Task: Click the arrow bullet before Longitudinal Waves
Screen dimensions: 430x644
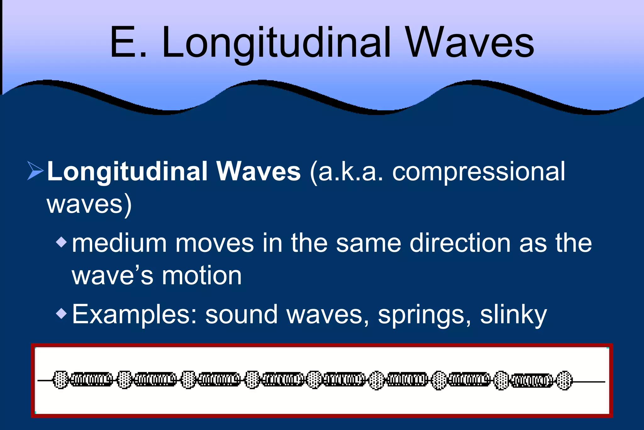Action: click(x=35, y=171)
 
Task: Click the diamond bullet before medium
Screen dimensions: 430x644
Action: click(x=61, y=242)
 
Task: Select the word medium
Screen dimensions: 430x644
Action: click(x=119, y=243)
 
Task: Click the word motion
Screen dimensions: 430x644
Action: click(x=202, y=276)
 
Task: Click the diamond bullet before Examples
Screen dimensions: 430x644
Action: click(x=61, y=313)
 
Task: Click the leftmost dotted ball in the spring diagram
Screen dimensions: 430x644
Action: click(x=60, y=380)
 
